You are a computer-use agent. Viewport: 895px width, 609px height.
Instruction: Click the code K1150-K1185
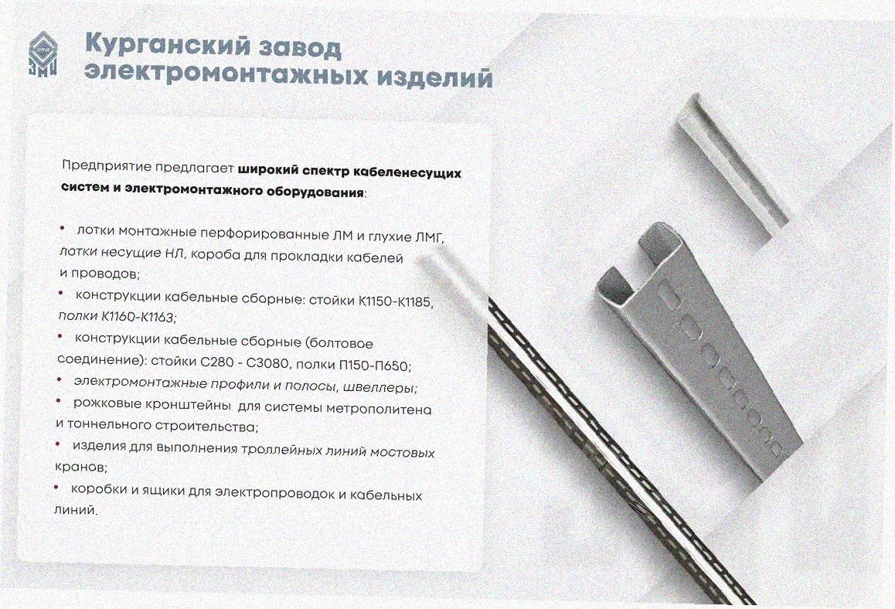[x=396, y=301]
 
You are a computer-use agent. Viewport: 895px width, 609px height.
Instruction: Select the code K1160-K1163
[x=138, y=316]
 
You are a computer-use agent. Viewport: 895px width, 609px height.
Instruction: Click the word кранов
[x=81, y=467]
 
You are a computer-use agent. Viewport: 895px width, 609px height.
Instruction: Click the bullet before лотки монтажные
[x=63, y=228]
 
